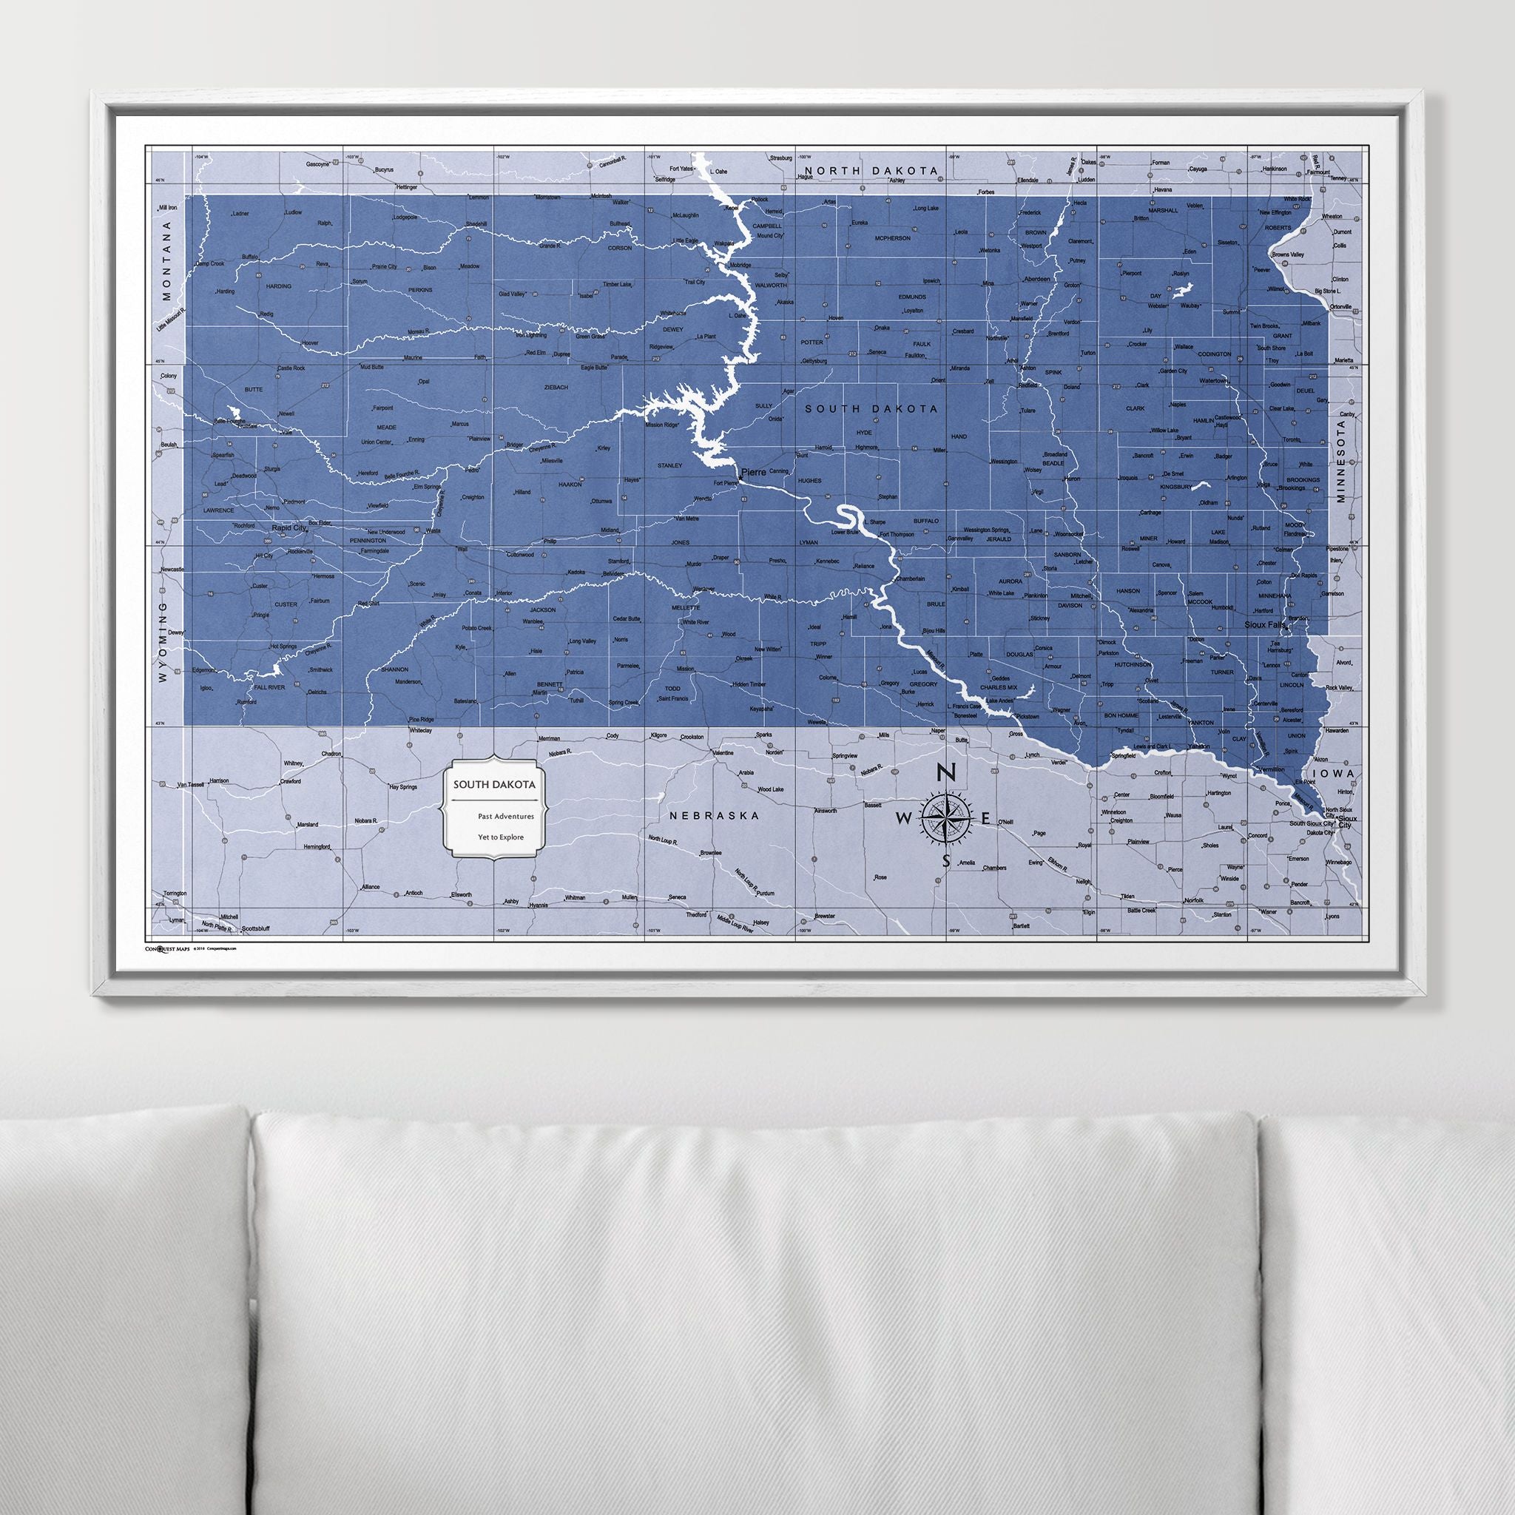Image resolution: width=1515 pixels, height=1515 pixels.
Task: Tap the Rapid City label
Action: pos(286,528)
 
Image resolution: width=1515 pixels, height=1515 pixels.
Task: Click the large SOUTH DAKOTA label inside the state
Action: pos(869,408)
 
